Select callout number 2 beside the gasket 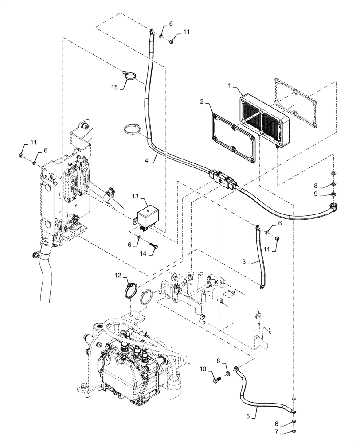(201, 101)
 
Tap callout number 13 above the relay (135, 196)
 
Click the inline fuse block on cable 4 (224, 179)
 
